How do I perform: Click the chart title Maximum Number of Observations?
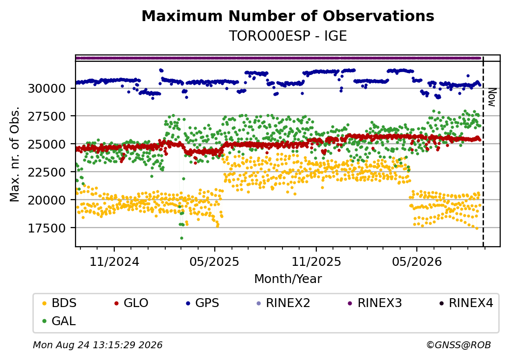pyautogui.click(x=288, y=16)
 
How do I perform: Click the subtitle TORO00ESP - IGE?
pyautogui.click(x=288, y=36)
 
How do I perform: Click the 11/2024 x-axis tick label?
pyautogui.click(x=114, y=261)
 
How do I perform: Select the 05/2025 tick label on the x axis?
pyautogui.click(x=214, y=261)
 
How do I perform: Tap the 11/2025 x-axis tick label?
pyautogui.click(x=316, y=261)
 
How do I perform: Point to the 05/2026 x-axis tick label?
pyautogui.click(x=417, y=261)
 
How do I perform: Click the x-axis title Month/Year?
pyautogui.click(x=288, y=279)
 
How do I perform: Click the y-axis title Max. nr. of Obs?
pyautogui.click(x=15, y=154)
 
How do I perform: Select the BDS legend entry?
pyautogui.click(x=59, y=303)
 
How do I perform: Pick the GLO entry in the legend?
pyautogui.click(x=131, y=303)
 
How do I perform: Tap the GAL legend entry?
pyautogui.click(x=59, y=321)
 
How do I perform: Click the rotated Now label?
pyautogui.click(x=492, y=97)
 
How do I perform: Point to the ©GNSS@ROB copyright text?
pyautogui.click(x=459, y=345)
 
